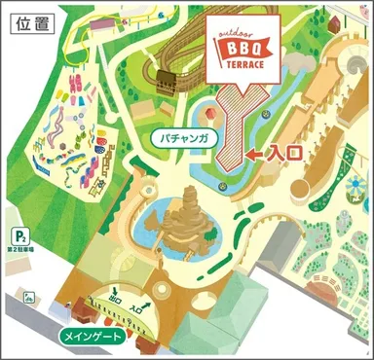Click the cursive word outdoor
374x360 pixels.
coord(242,28)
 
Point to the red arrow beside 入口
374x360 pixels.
coord(254,154)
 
